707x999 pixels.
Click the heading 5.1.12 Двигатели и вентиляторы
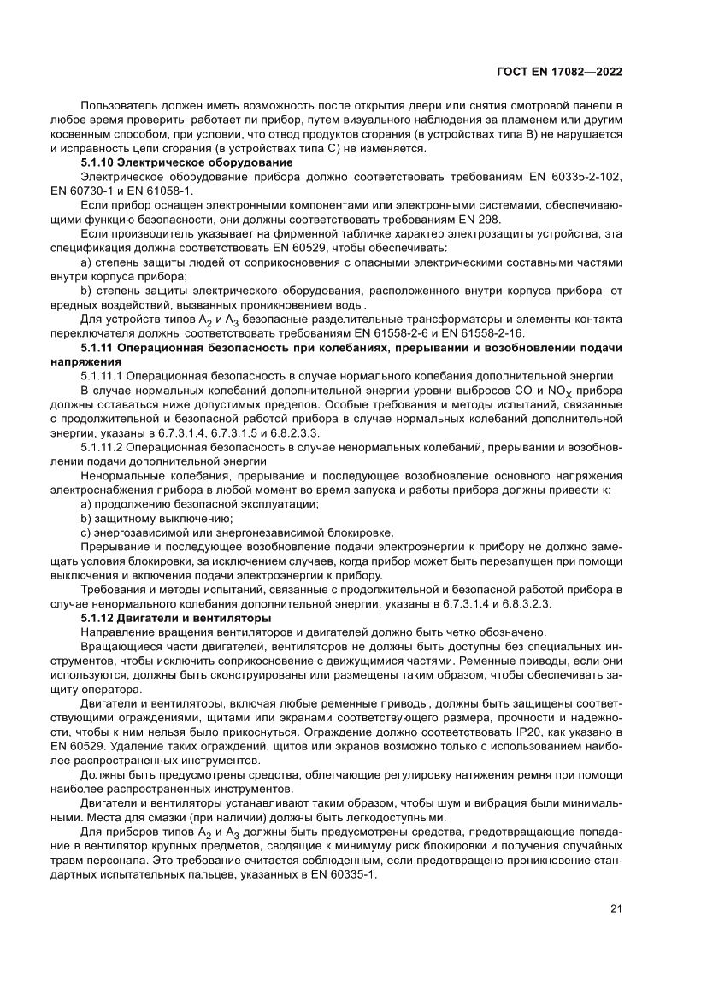pyautogui.click(x=175, y=617)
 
